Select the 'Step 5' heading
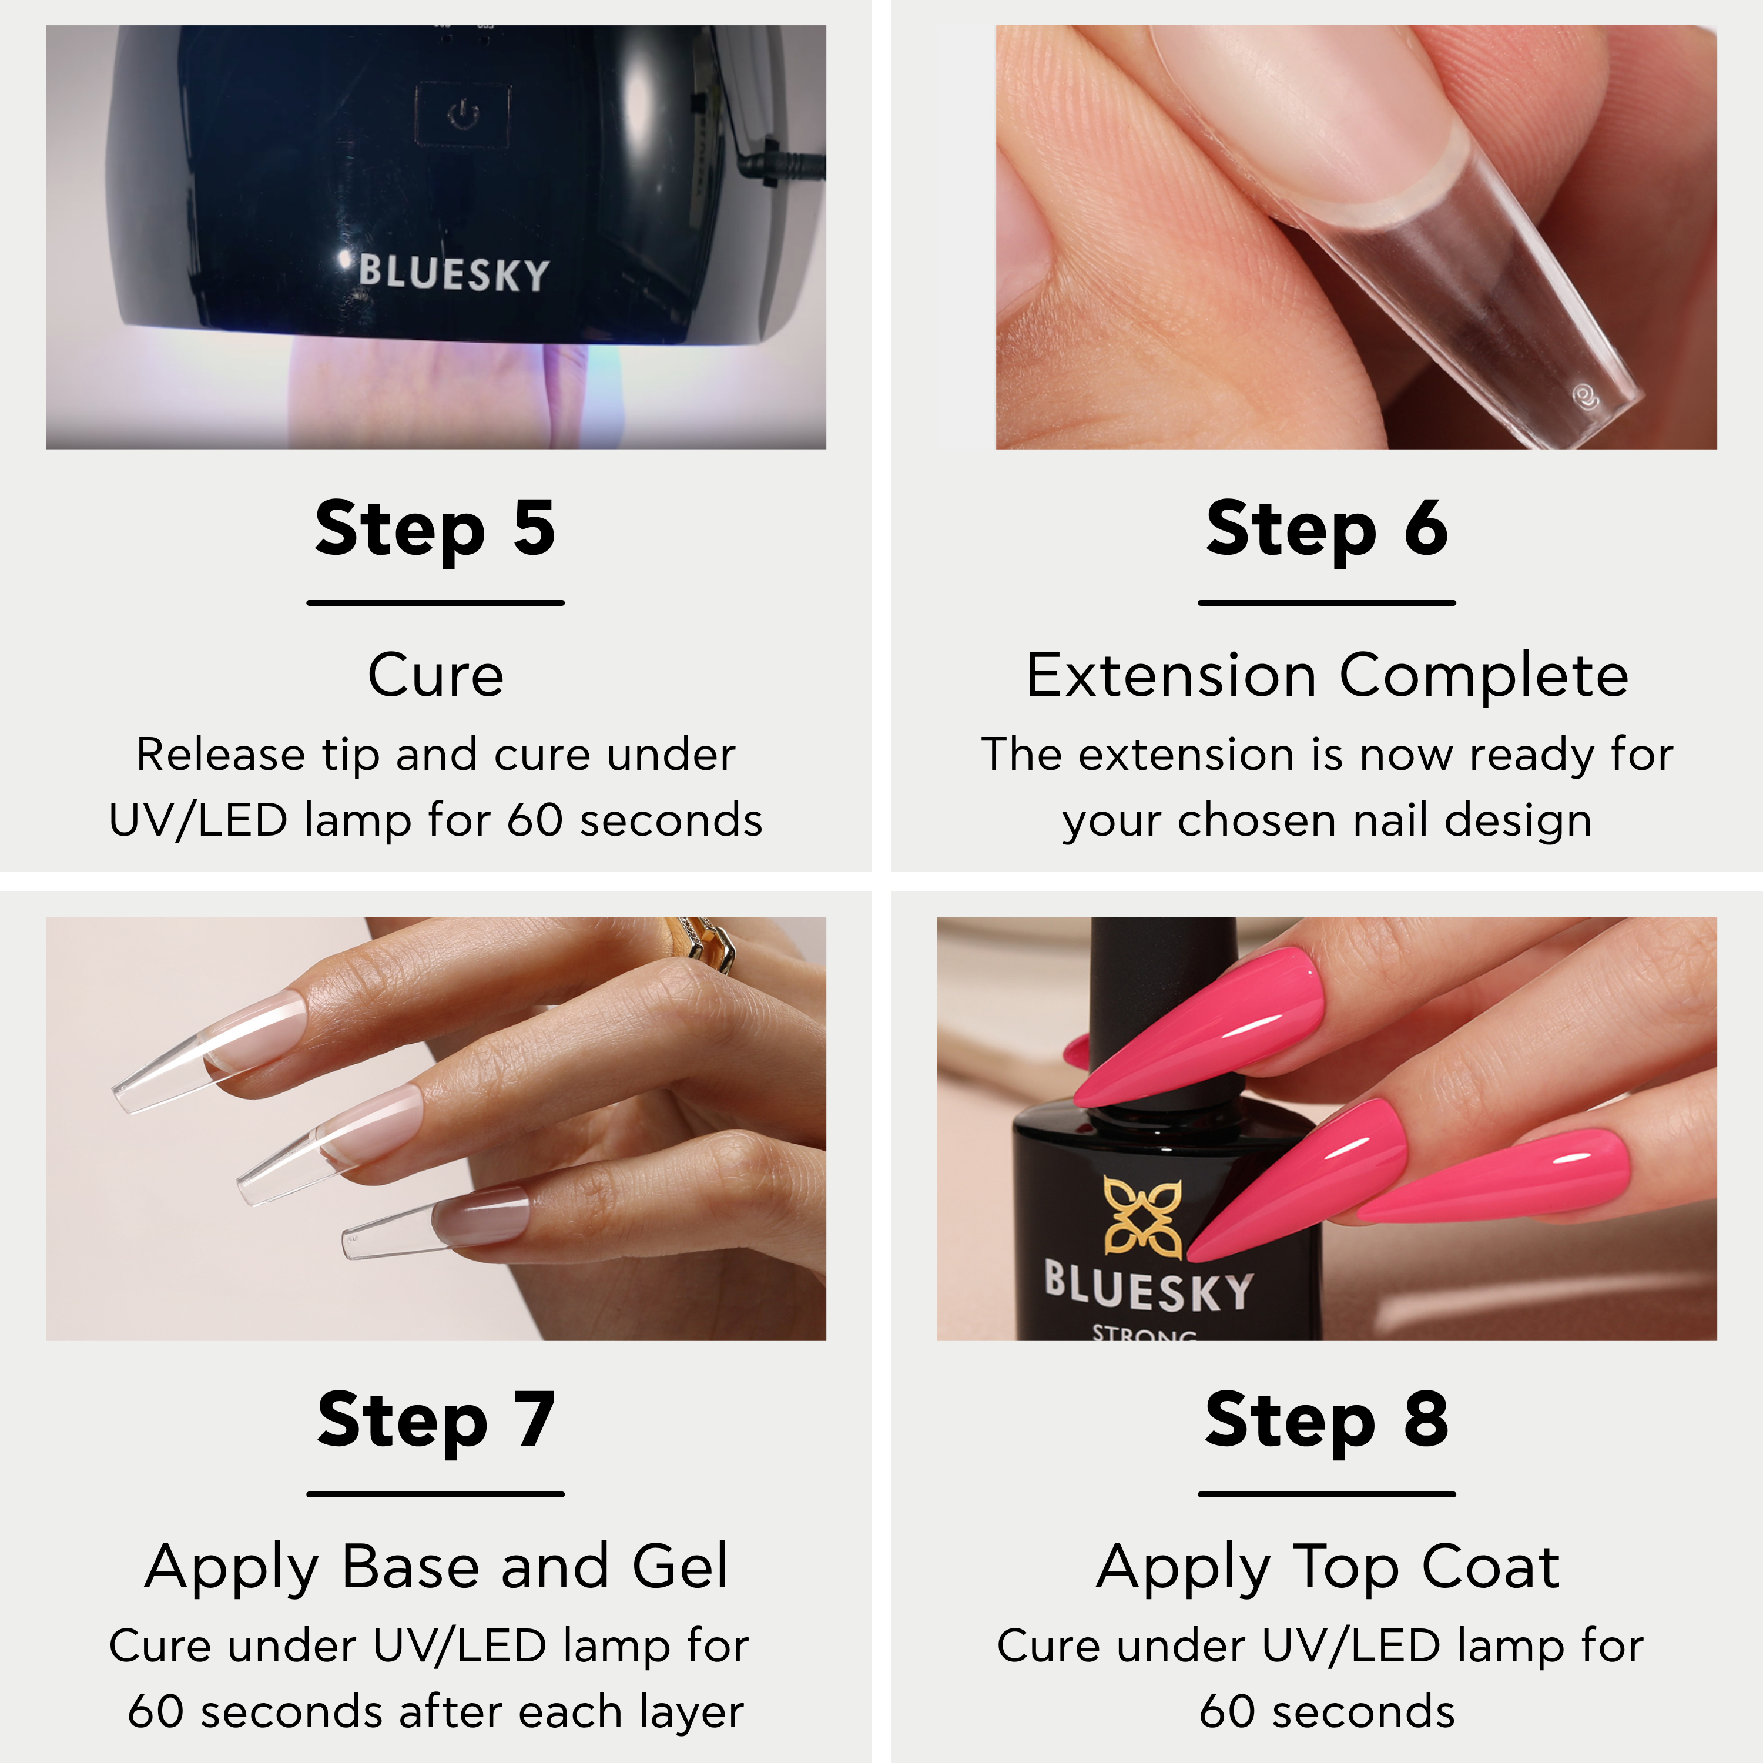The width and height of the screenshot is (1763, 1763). click(435, 529)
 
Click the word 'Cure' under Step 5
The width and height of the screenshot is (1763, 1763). click(436, 676)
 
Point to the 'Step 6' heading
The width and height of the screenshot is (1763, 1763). click(1327, 529)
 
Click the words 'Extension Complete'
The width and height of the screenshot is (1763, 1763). click(1328, 676)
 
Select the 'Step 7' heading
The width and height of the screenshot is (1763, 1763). click(436, 1421)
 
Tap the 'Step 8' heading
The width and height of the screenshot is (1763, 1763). click(1327, 1421)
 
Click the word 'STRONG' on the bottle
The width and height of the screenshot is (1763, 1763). click(1144, 1332)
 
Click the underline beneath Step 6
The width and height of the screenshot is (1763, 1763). click(1327, 603)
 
